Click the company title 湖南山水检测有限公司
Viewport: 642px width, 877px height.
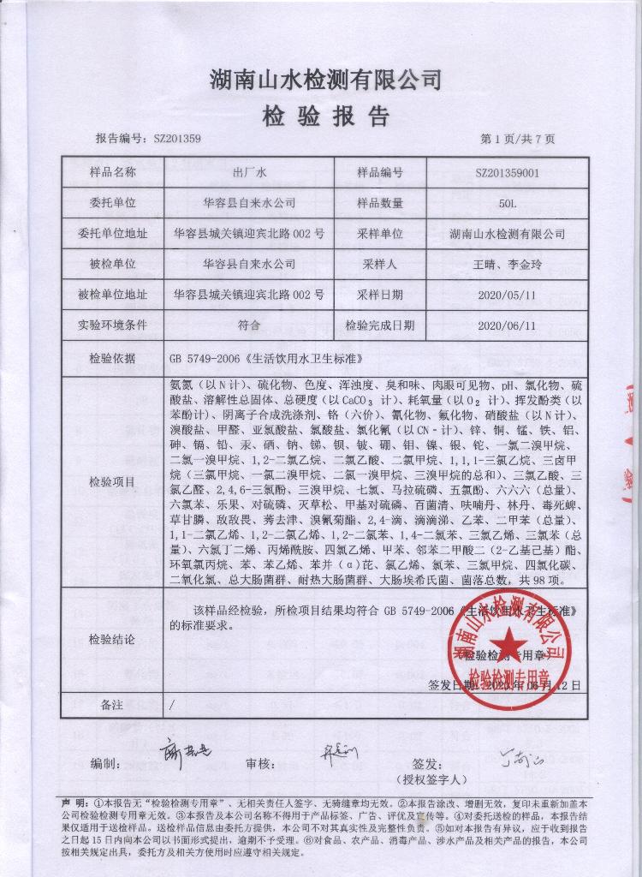325,81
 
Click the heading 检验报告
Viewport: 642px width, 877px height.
324,116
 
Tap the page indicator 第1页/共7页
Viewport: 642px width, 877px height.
518,139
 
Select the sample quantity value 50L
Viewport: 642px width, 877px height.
508,203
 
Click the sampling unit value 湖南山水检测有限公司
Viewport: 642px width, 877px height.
508,233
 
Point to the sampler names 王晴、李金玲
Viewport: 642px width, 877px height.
508,264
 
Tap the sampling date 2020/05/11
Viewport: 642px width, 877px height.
508,295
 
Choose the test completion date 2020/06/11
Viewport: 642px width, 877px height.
508,325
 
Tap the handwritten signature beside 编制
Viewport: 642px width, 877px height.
185,753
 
